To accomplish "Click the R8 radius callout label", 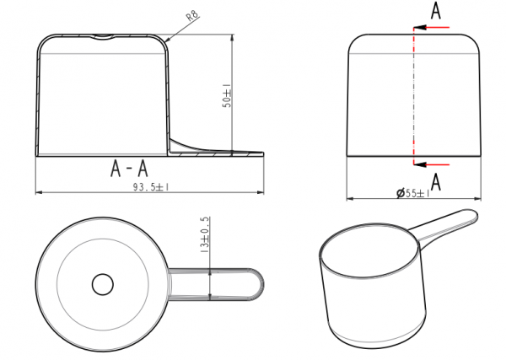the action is coord(192,15).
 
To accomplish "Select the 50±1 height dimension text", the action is coord(227,95).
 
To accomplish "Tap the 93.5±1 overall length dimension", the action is coord(151,187).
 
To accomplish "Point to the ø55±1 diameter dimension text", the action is coord(413,193).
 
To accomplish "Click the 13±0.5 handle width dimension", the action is coord(205,234).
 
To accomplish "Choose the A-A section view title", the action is coord(129,169).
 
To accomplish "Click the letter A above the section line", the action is coord(436,11).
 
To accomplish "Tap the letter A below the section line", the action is coord(436,182).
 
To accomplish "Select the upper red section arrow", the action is coord(432,28).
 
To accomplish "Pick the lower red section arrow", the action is coord(432,164).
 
